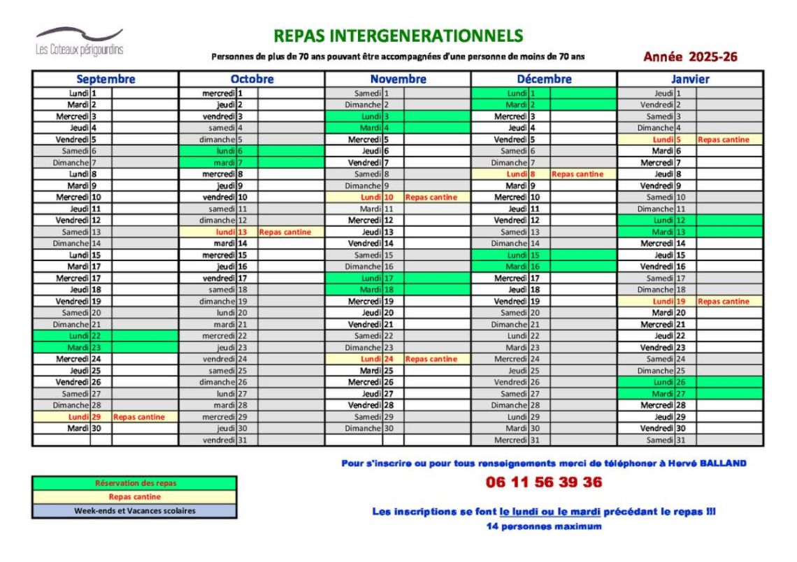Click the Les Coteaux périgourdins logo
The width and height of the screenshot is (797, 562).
click(79, 41)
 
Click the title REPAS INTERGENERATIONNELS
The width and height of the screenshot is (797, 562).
click(398, 36)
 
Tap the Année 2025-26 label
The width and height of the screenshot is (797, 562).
click(690, 57)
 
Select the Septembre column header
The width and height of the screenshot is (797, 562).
click(106, 79)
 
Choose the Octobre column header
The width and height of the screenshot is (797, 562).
click(252, 79)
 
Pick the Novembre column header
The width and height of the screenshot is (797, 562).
click(398, 79)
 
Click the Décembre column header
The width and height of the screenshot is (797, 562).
click(544, 79)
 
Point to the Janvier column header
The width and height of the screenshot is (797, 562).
click(690, 79)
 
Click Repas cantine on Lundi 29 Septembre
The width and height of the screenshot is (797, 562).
click(139, 417)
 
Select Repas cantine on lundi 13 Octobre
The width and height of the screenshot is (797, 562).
click(285, 232)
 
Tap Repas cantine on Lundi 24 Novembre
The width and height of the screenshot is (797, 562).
click(431, 359)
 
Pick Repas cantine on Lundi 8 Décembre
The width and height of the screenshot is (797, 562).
click(577, 174)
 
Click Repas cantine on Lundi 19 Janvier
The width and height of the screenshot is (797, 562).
click(723, 302)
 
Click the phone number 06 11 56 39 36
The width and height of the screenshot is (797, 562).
click(543, 482)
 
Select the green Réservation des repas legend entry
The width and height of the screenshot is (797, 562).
click(135, 483)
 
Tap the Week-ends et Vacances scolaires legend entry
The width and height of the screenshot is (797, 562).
click(135, 510)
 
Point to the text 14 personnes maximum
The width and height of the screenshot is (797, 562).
click(543, 526)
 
